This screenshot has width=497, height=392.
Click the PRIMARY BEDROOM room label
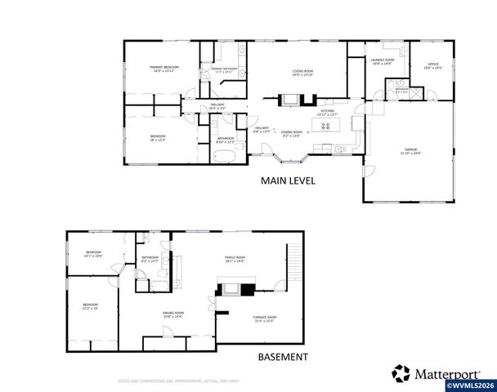pyautogui.click(x=164, y=67)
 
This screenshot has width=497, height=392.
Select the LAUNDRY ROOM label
pyautogui.click(x=383, y=61)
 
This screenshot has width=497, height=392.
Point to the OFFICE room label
pyautogui.click(x=432, y=65)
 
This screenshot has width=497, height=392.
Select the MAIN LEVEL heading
pyautogui.click(x=288, y=180)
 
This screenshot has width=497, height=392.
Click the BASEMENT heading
pyautogui.click(x=283, y=357)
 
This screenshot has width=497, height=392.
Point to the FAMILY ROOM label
pyautogui.click(x=235, y=259)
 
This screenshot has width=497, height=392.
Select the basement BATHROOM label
pyautogui.click(x=150, y=258)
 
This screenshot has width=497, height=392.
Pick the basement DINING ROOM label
pyautogui.click(x=172, y=313)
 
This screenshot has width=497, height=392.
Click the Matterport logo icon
pyautogui.click(x=401, y=372)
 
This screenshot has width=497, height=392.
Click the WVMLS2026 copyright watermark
pyautogui.click(x=469, y=385)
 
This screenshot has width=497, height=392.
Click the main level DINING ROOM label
pyautogui.click(x=293, y=132)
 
